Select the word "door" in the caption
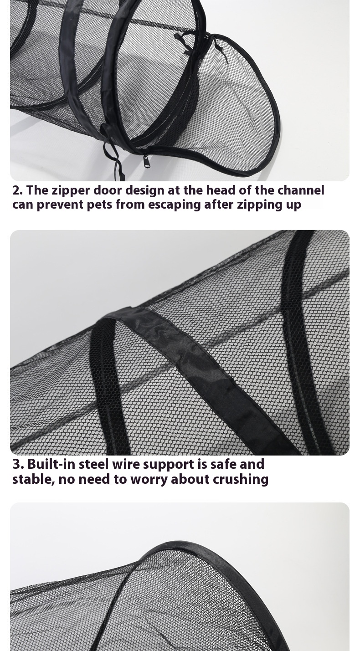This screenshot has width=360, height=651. pyautogui.click(x=108, y=190)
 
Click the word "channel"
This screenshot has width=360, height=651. pyautogui.click(x=301, y=190)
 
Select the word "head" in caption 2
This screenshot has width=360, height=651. pyautogui.click(x=221, y=190)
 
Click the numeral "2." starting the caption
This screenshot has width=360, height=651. pyautogui.click(x=17, y=190)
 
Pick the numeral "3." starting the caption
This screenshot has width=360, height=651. pyautogui.click(x=18, y=464)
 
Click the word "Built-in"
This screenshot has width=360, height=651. pyautogui.click(x=51, y=464)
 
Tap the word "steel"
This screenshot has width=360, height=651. pyautogui.click(x=93, y=464)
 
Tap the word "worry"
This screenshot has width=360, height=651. pyautogui.click(x=150, y=479)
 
